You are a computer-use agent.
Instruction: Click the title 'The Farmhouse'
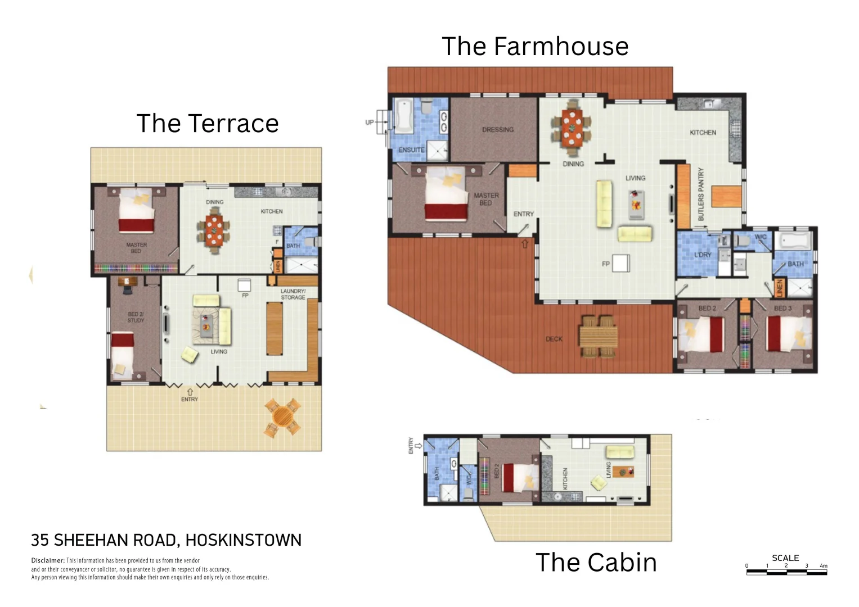pyautogui.click(x=534, y=46)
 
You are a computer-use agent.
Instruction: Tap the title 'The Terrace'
pyautogui.click(x=207, y=123)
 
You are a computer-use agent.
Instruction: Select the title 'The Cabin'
pyautogui.click(x=596, y=562)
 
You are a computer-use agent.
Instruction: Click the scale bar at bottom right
pyautogui.click(x=786, y=572)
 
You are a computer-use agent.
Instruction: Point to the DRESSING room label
pyautogui.click(x=497, y=130)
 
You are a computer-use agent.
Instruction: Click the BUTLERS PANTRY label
pyautogui.click(x=701, y=194)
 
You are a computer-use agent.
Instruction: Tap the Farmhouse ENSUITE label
pyautogui.click(x=411, y=150)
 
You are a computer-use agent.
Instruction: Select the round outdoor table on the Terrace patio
pyautogui.click(x=282, y=418)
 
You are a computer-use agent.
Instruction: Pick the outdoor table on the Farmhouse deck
pyautogui.click(x=599, y=337)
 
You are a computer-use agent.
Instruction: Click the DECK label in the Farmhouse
pyautogui.click(x=554, y=339)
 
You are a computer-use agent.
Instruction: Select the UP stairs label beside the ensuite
pyautogui.click(x=369, y=122)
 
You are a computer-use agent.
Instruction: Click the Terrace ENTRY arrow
pyautogui.click(x=190, y=391)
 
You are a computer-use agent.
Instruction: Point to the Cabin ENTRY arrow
pyautogui.click(x=411, y=449)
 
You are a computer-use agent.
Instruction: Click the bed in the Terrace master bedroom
pyautogui.click(x=136, y=212)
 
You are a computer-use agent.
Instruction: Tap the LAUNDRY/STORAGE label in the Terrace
pyautogui.click(x=293, y=294)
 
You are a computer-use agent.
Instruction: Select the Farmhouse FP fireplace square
pyautogui.click(x=621, y=263)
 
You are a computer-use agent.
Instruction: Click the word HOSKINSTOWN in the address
pyautogui.click(x=243, y=540)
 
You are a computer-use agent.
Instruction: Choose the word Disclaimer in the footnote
pyautogui.click(x=48, y=560)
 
